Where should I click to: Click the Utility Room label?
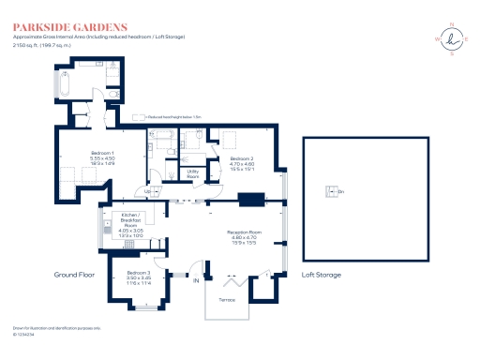(x=192, y=173)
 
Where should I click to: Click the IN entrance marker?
(x=196, y=280)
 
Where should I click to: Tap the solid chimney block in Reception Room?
(x=251, y=199)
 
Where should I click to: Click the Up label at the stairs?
(x=147, y=191)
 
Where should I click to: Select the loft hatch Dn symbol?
(x=330, y=192)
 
